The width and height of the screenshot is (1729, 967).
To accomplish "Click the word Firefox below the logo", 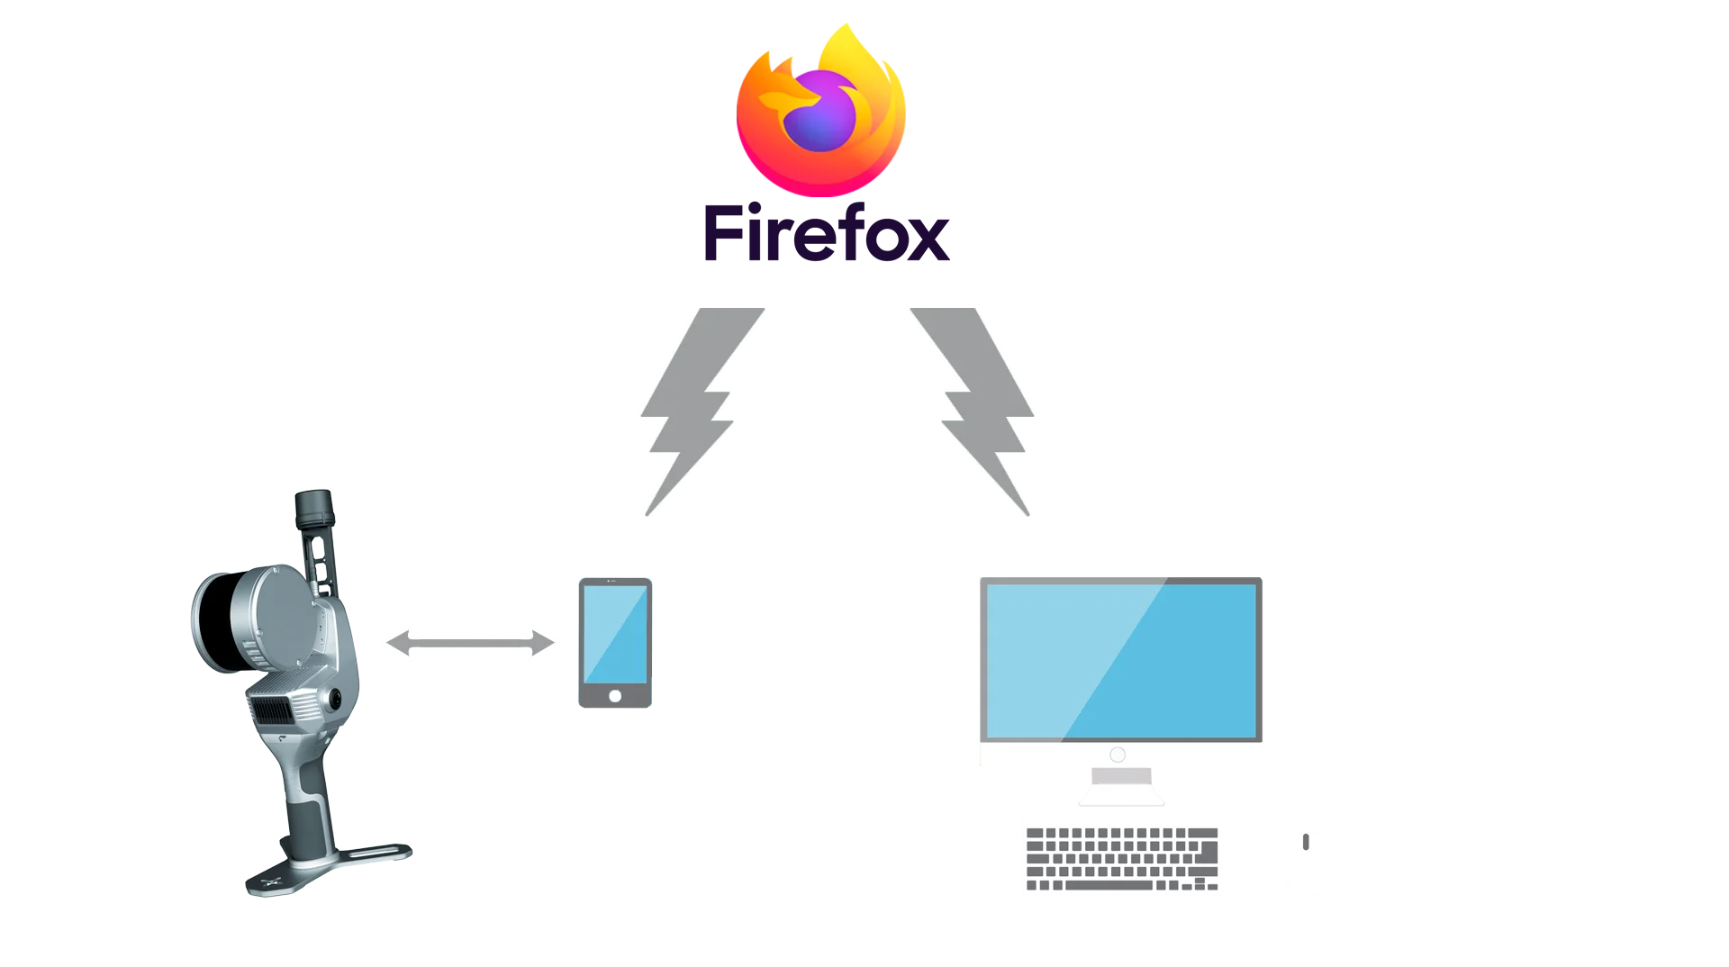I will click(x=824, y=235).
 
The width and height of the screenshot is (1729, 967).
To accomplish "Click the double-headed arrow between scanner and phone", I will click(x=469, y=643).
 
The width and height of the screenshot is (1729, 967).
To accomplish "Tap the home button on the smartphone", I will click(x=615, y=696).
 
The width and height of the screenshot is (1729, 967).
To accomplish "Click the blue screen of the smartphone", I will click(x=615, y=634).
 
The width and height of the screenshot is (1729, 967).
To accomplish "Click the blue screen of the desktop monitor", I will click(x=1123, y=661).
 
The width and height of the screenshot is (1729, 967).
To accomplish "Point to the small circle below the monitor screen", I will click(x=1118, y=755).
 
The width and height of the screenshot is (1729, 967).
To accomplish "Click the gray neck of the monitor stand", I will click(x=1120, y=777).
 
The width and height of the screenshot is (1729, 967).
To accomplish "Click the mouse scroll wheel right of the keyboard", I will click(x=1306, y=842).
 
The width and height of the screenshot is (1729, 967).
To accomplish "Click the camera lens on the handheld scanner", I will click(x=335, y=698).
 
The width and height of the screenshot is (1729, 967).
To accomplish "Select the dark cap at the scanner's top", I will click(x=314, y=509).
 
